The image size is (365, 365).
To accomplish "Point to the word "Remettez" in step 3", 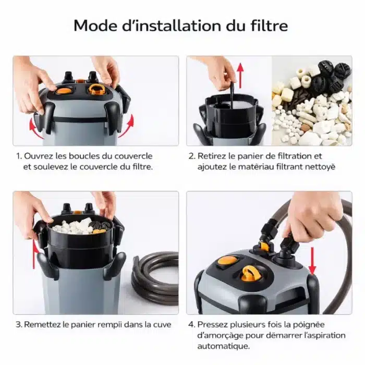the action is (42, 324).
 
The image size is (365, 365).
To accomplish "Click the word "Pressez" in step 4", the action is (211, 324).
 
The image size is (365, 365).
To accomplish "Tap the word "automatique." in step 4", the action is (224, 346).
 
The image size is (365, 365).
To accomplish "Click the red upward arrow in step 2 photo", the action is (240, 76).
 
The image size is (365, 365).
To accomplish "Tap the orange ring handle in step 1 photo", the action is (96, 89).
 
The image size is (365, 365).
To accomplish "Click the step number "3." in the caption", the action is (19, 324).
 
